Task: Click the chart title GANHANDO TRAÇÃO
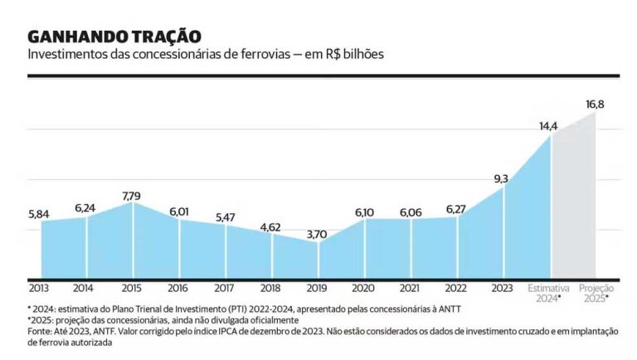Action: coord(114,36)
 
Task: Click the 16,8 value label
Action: coord(595,104)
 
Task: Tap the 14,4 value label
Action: coord(548,126)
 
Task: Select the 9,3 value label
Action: coord(501,178)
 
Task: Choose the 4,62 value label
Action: coord(271,226)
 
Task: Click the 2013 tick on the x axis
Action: coord(39,288)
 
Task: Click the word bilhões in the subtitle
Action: coord(363,55)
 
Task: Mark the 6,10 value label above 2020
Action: coord(364,212)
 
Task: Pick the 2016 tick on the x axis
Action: coord(178,288)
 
